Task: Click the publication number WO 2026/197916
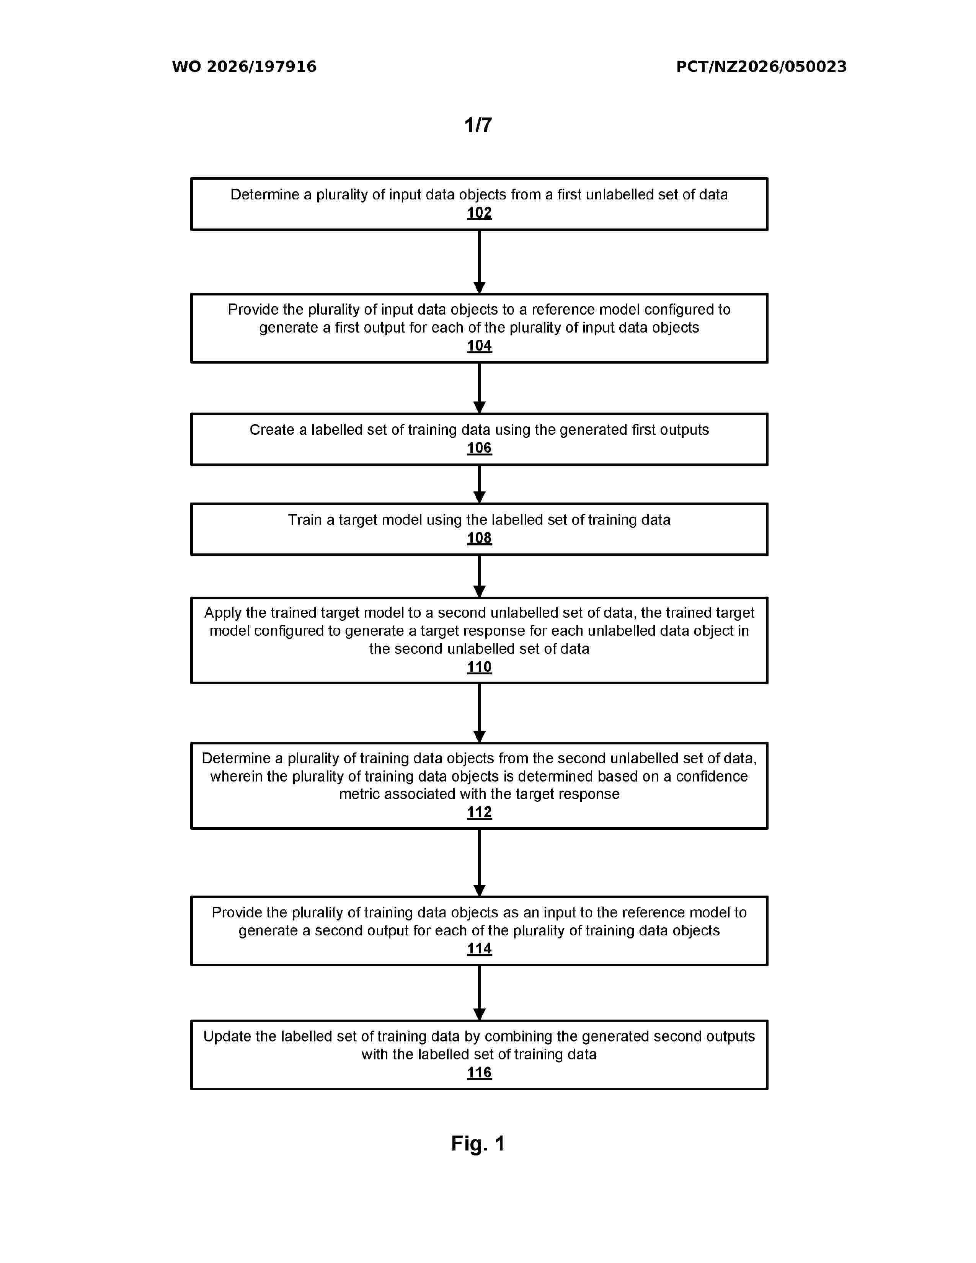[x=244, y=67]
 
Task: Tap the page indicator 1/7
[x=478, y=125]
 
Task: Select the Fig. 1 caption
[x=478, y=1143]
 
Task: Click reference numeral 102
[x=479, y=213]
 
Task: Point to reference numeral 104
[x=479, y=346]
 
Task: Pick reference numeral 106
[x=479, y=448]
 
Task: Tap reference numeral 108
[x=479, y=538]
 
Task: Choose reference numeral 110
[x=479, y=667]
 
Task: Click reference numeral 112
[x=479, y=812]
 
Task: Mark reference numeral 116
[x=479, y=1073]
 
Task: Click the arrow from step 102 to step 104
[x=479, y=262]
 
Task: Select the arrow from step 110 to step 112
[x=479, y=713]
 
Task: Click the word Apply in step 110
[x=223, y=613]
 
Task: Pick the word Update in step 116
[x=227, y=1036]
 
